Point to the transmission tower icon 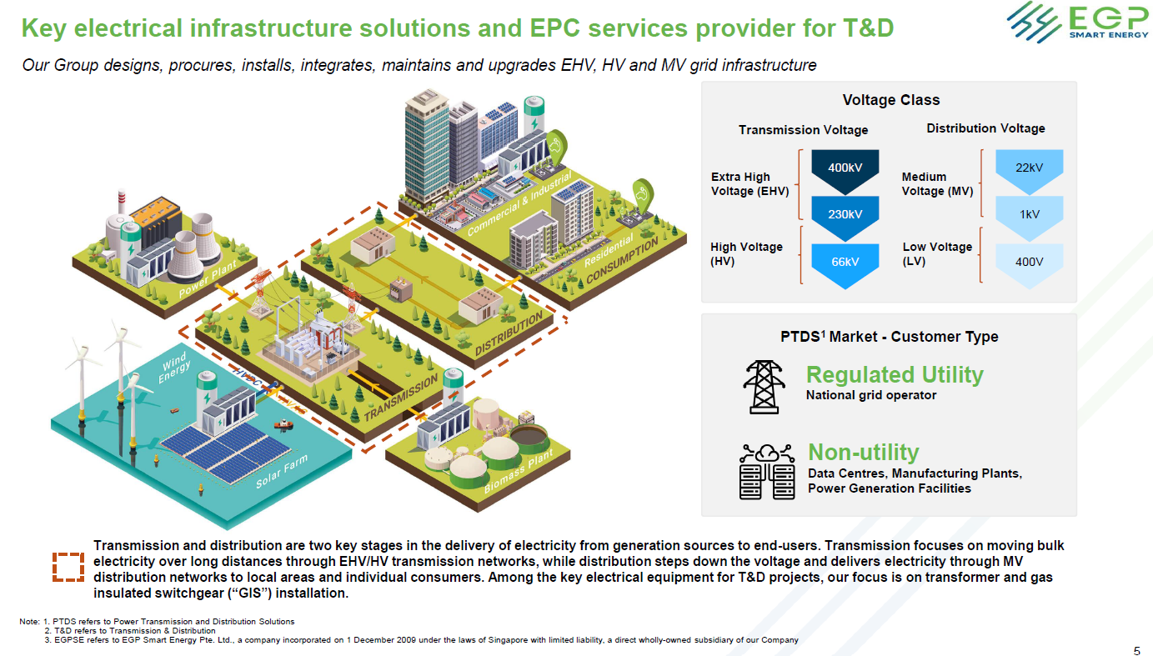point(764,387)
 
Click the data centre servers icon point(766,471)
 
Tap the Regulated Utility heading point(895,374)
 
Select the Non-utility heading point(863,453)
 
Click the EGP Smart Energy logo point(1078,22)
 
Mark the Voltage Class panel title point(891,100)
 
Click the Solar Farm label point(282,471)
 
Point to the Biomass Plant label point(519,471)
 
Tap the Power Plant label point(208,279)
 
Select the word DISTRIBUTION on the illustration point(509,334)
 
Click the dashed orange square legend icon point(68,567)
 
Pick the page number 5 point(1136,650)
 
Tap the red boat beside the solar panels point(283,424)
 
